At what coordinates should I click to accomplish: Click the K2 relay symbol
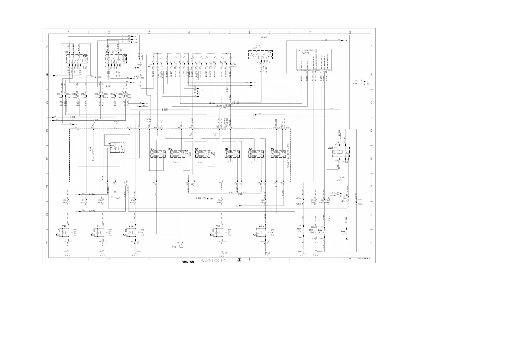(x=117, y=148)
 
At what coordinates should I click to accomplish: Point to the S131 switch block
(x=261, y=55)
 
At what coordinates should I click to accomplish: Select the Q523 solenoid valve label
(x=64, y=226)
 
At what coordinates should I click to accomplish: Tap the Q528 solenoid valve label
(x=261, y=226)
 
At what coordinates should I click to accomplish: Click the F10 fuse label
(x=90, y=148)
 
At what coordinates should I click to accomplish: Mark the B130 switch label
(x=342, y=231)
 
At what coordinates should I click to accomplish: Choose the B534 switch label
(x=299, y=229)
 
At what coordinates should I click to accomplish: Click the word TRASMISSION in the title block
(x=212, y=261)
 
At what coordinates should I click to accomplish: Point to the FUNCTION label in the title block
(x=187, y=262)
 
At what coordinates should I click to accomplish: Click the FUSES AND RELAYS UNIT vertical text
(x=288, y=155)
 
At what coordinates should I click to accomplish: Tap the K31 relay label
(x=250, y=149)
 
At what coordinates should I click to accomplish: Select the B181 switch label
(x=137, y=68)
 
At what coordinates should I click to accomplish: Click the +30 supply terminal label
(x=214, y=134)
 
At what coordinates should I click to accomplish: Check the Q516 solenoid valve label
(x=131, y=226)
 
